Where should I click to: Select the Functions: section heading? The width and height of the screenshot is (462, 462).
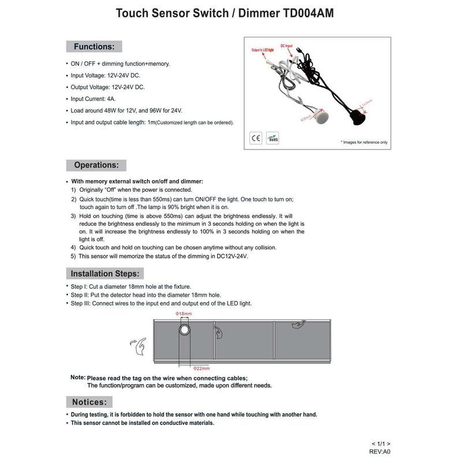pos(94,46)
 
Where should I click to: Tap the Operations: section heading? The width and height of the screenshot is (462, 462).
pos(96,165)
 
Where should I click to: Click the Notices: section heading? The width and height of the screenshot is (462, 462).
pos(89,401)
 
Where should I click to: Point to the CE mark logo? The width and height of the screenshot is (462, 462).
pos(256,137)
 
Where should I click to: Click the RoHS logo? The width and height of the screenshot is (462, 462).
pos(272,137)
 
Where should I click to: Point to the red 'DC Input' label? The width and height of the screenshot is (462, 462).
pos(287,44)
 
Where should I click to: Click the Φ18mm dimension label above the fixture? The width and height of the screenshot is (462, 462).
pos(184,313)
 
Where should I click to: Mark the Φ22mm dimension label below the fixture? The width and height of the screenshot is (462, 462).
pos(200,368)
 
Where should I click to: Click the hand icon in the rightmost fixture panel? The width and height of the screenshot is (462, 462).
pos(296,327)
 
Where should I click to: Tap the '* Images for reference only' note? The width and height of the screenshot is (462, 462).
pos(364,142)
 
